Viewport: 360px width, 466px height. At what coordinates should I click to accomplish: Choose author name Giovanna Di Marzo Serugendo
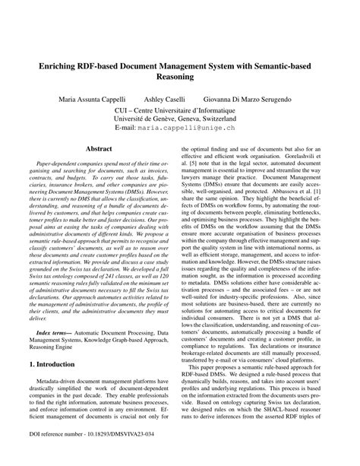click(x=251, y=100)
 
